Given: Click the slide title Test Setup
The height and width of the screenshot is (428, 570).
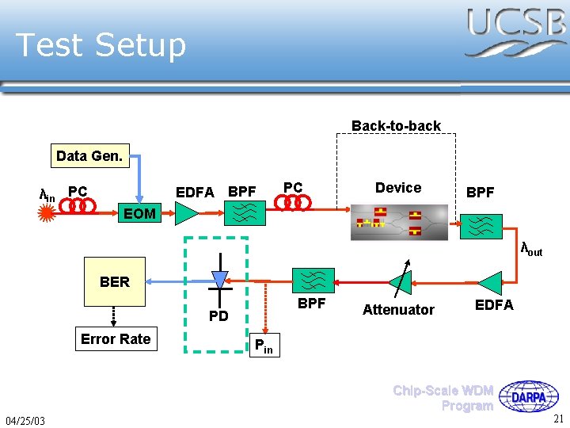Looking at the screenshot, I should click(101, 45).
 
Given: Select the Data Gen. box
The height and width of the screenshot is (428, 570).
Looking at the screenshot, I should click(89, 156).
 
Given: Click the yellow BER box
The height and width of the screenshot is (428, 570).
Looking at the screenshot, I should click(115, 281).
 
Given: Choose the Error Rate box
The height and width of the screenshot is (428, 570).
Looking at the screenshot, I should click(116, 339).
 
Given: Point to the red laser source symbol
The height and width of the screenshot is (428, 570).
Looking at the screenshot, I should click(48, 212).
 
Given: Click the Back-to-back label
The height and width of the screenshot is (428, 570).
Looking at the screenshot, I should click(396, 126).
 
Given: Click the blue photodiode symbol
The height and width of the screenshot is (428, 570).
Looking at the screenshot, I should click(220, 280).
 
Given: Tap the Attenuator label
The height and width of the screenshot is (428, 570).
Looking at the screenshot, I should click(398, 310).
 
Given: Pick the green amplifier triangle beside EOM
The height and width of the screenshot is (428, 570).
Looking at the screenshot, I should click(187, 212).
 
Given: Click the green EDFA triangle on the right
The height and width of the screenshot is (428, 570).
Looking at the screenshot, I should click(490, 282).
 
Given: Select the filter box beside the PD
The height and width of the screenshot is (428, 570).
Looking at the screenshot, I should click(313, 281).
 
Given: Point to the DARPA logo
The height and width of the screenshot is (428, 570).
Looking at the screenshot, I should click(533, 396).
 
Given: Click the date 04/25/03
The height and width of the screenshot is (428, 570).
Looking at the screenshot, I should click(25, 419).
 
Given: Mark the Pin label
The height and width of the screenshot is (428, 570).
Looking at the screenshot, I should click(264, 347).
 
